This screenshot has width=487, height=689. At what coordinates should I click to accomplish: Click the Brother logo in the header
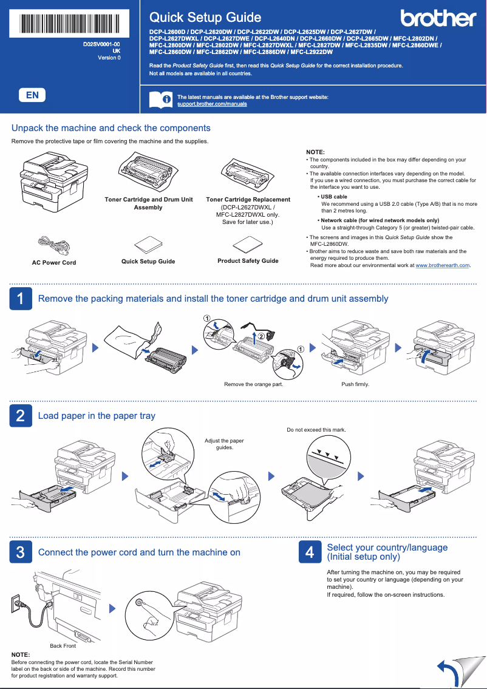(x=438, y=18)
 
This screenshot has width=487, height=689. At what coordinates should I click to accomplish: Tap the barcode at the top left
(x=69, y=24)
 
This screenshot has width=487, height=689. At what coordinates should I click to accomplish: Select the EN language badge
(x=32, y=95)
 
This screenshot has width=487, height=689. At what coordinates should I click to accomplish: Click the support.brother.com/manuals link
(x=212, y=104)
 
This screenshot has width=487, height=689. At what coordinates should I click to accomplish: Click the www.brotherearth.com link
(x=443, y=265)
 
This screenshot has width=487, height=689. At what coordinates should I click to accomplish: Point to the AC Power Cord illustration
(x=53, y=245)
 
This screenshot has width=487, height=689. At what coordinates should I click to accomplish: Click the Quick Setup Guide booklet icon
(x=148, y=245)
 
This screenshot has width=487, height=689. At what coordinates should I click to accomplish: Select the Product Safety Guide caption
(x=248, y=260)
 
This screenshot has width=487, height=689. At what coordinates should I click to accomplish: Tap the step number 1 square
(x=21, y=299)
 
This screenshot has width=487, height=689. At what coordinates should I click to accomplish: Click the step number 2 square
(x=21, y=416)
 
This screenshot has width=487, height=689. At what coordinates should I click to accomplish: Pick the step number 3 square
(x=21, y=552)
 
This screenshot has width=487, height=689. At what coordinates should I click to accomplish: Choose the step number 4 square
(x=310, y=552)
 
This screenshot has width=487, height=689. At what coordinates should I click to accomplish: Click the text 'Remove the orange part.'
(x=253, y=384)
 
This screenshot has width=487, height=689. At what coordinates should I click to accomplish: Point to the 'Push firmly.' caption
(x=355, y=384)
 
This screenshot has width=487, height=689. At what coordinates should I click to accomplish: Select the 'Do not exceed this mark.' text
(x=316, y=430)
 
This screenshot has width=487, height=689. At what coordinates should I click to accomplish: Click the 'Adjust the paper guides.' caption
(x=224, y=444)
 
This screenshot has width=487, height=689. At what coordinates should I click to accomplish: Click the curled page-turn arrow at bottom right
(x=452, y=671)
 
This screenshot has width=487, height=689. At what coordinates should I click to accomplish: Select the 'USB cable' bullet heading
(x=333, y=197)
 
